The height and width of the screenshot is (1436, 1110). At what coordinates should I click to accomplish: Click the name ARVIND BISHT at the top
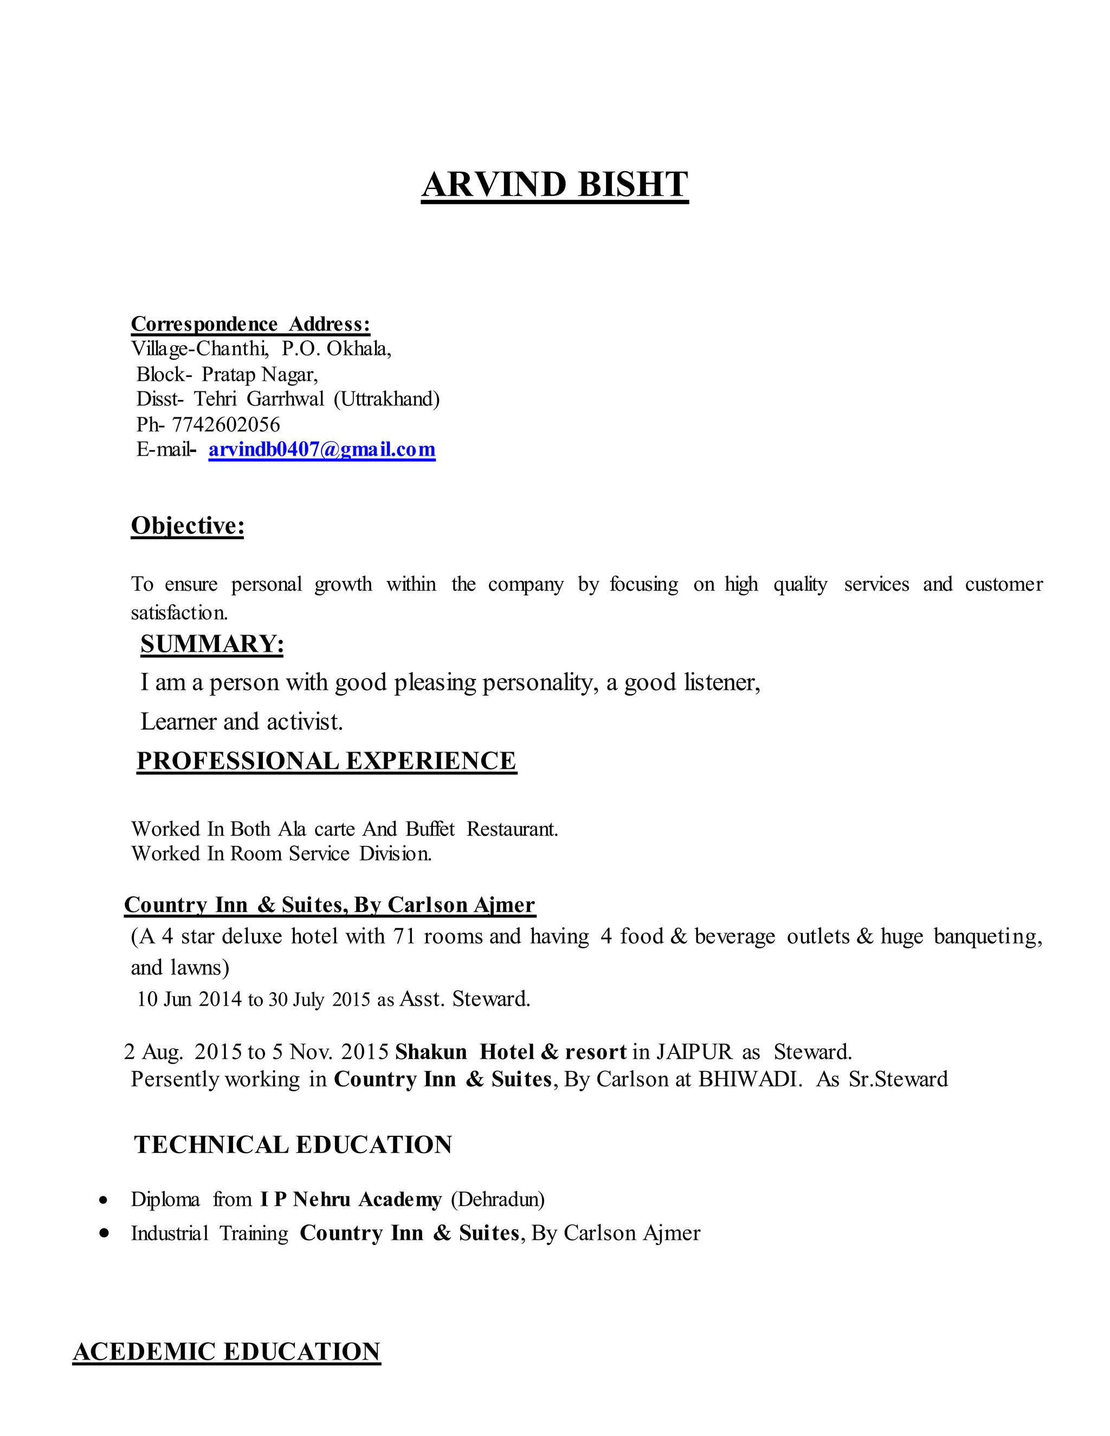(x=554, y=185)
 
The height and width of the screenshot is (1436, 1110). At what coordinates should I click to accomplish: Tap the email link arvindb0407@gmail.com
(x=321, y=450)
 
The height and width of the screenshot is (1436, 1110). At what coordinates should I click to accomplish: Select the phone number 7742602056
(x=225, y=425)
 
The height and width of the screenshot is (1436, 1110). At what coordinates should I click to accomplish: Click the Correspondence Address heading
(x=250, y=324)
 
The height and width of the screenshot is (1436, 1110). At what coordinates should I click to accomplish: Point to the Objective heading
(x=188, y=526)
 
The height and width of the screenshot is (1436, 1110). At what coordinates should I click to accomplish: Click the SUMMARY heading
(x=212, y=644)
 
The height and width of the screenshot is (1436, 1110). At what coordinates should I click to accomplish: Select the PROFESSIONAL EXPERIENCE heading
(x=326, y=761)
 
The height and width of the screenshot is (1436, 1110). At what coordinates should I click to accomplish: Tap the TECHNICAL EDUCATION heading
(x=293, y=1144)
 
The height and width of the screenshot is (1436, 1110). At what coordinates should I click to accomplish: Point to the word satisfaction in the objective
(x=179, y=613)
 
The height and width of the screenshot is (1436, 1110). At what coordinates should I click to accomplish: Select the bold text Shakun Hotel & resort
(x=510, y=1052)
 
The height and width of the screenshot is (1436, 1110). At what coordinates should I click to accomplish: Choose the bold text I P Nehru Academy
(x=351, y=1200)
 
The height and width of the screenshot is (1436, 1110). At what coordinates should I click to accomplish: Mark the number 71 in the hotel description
(x=404, y=936)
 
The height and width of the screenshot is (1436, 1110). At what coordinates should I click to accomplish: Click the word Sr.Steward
(x=898, y=1079)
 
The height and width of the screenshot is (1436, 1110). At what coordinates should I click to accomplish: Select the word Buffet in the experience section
(x=430, y=829)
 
